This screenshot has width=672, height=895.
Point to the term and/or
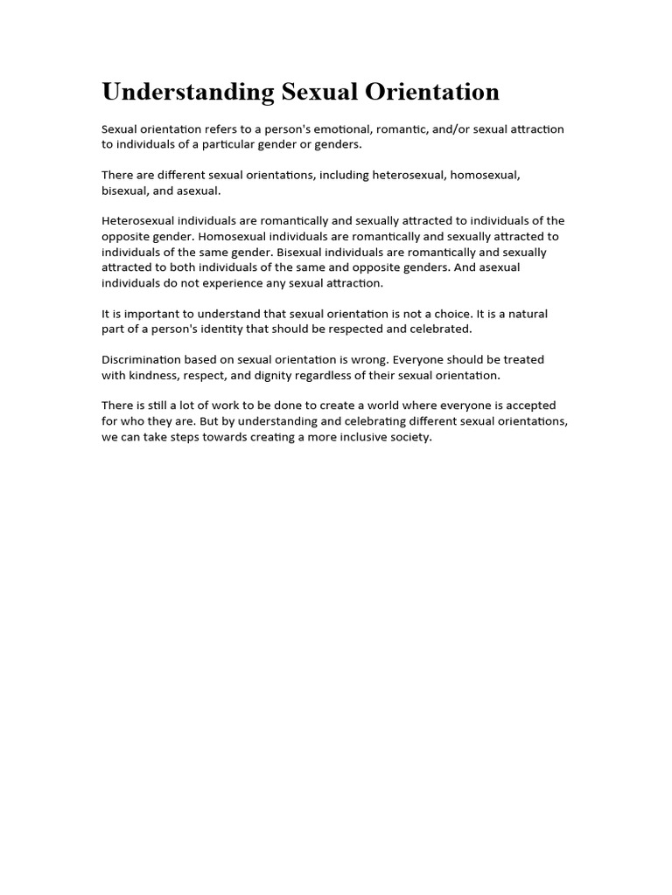(449, 129)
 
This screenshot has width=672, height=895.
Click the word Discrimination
(141, 360)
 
